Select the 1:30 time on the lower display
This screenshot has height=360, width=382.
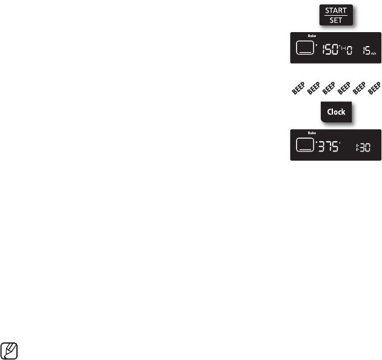[362, 146]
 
